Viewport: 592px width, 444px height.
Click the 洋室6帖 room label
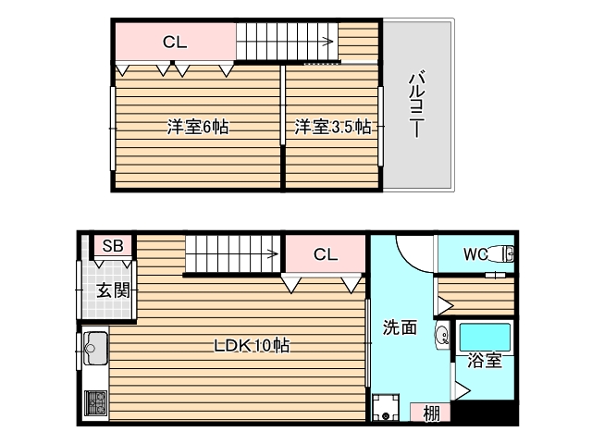click(x=197, y=127)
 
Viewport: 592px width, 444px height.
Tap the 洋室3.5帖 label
click(x=333, y=127)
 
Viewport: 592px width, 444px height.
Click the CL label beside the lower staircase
click(x=324, y=253)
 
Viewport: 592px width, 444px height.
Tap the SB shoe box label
click(x=113, y=246)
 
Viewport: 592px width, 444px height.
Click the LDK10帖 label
click(x=253, y=346)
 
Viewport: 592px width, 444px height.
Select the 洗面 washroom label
click(x=400, y=327)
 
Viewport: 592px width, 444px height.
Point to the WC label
click(x=475, y=252)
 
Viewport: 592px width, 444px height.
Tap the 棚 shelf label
click(x=431, y=413)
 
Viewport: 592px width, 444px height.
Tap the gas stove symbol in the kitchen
click(x=95, y=404)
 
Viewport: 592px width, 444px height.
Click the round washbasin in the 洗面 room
click(x=441, y=335)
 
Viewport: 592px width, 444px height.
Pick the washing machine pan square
click(x=386, y=408)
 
